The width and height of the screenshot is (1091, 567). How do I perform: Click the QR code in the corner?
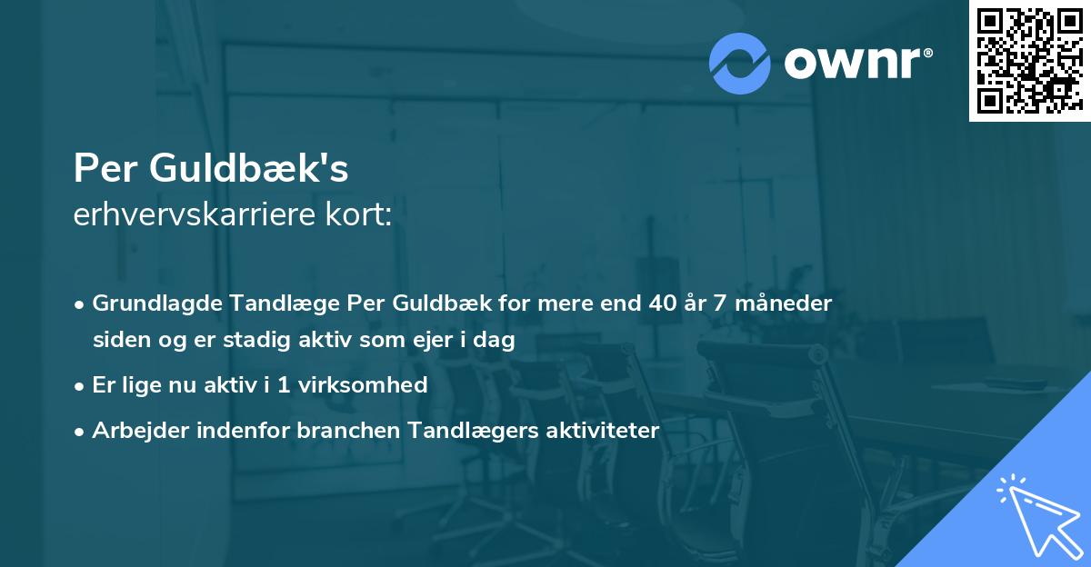1029,61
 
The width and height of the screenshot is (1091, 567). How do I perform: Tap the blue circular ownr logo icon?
739,63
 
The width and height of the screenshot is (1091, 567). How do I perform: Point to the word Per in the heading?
102,170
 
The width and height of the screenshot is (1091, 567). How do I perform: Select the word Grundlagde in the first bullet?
149,303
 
